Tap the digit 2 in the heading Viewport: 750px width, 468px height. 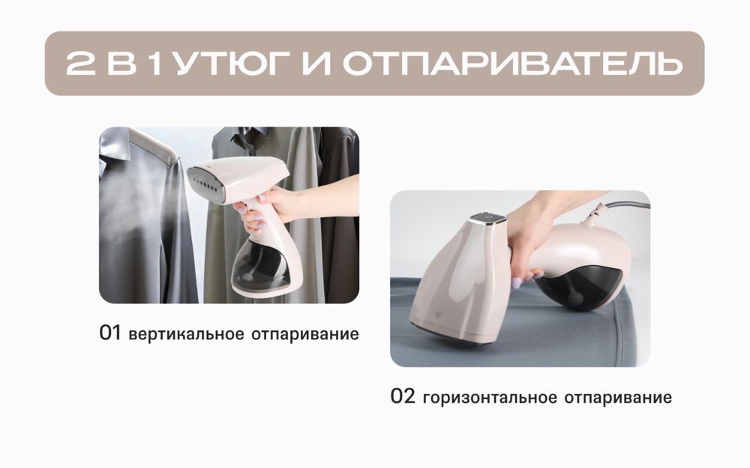click(79, 64)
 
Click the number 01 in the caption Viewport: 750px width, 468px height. click(110, 333)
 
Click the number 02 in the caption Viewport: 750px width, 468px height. click(403, 397)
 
